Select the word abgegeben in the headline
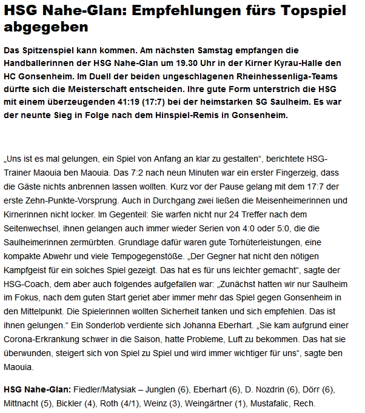click(x=45, y=27)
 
